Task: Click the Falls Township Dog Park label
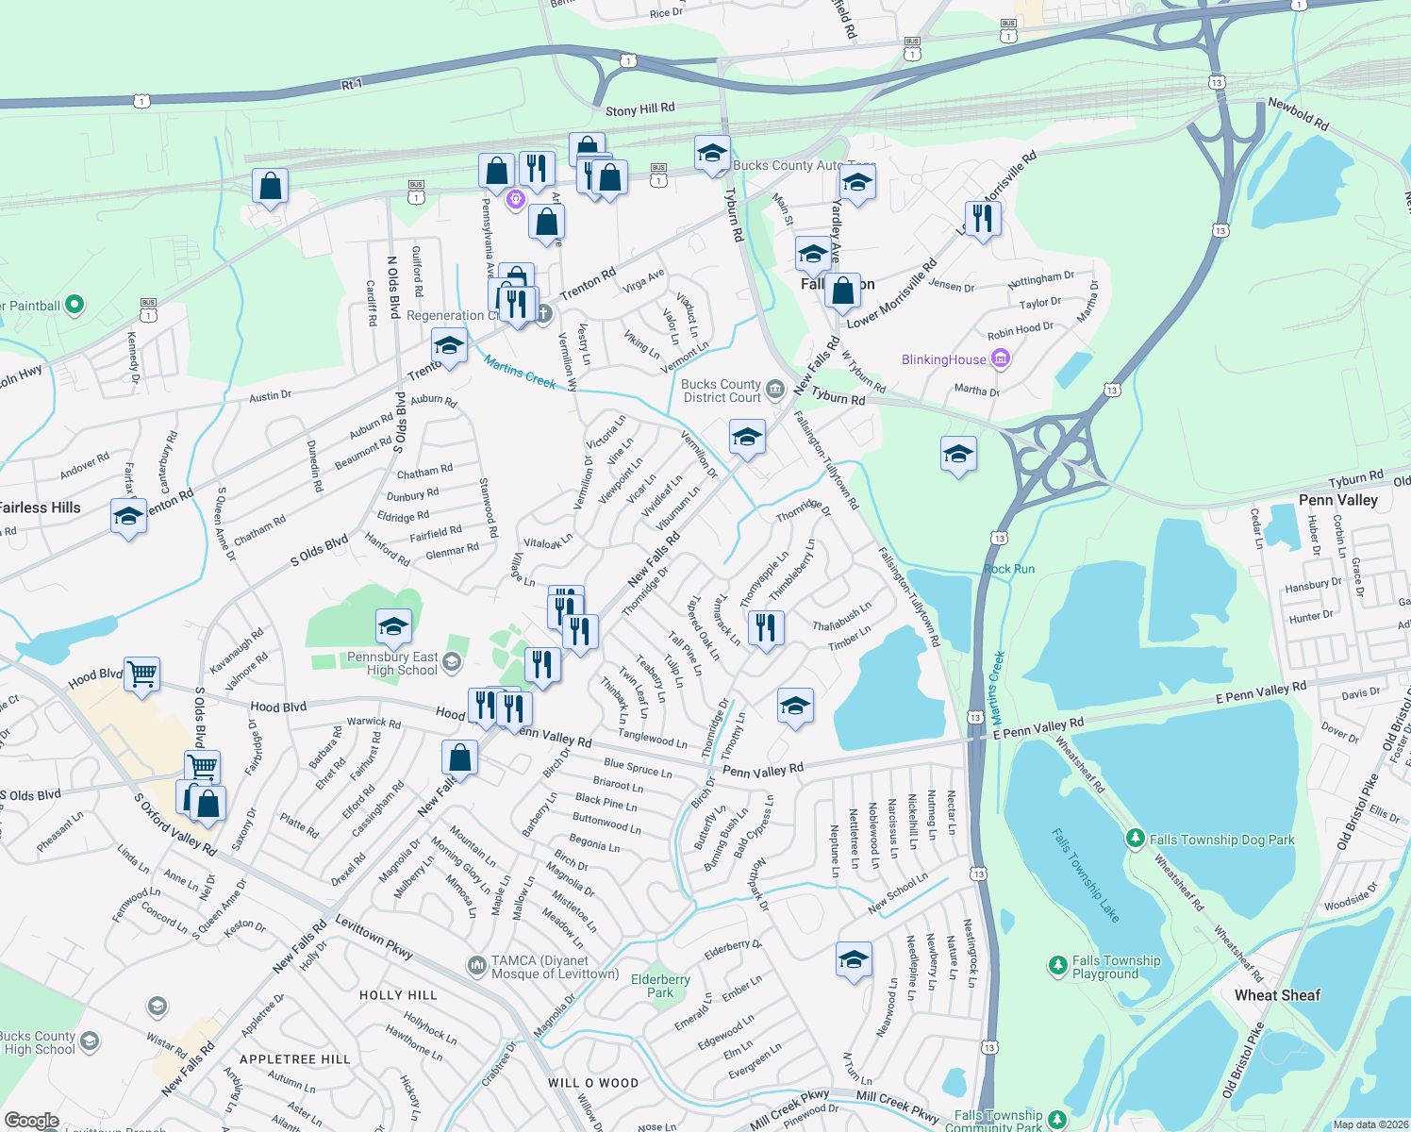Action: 1221,840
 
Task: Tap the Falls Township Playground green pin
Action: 1057,966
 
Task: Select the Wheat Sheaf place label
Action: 1277,995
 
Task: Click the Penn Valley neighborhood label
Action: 1337,500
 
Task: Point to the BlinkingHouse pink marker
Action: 1001,358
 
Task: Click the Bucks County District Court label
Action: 722,391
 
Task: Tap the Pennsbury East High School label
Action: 392,663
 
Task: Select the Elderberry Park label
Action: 660,986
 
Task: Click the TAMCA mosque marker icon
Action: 477,966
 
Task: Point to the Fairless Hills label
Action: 41,508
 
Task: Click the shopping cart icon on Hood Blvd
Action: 141,674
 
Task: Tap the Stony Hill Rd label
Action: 639,109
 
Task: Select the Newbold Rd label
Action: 1298,114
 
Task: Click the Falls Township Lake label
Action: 1086,874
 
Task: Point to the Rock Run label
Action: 1009,569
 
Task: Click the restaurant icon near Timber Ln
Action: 766,626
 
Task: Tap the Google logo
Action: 31,1120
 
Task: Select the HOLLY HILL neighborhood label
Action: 398,995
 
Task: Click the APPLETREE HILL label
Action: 295,1059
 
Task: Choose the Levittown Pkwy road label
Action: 374,937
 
